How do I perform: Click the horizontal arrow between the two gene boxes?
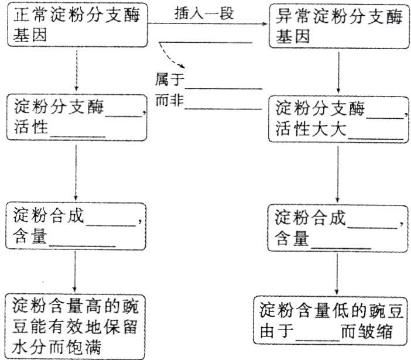(208, 24)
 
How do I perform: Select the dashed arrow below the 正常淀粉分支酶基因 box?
(77, 69)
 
